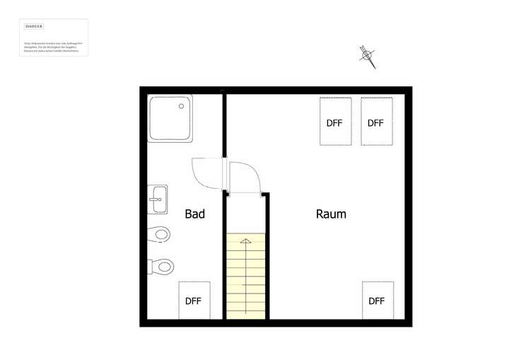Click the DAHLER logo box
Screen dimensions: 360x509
(x=34, y=26)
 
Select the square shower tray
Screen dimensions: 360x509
(x=170, y=118)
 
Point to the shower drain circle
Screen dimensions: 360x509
(x=182, y=107)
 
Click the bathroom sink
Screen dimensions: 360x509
(x=158, y=199)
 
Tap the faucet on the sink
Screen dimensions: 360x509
(x=151, y=199)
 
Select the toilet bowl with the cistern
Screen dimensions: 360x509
(x=161, y=267)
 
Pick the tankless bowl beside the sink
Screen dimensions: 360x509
(x=160, y=233)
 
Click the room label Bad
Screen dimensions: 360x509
(x=194, y=214)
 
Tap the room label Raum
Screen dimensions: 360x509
(x=331, y=214)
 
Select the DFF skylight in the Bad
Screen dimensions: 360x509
(x=194, y=301)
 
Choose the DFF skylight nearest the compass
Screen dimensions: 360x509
(x=376, y=122)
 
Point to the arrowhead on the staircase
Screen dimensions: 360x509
(x=246, y=242)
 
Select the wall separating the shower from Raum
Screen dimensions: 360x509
(x=225, y=124)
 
